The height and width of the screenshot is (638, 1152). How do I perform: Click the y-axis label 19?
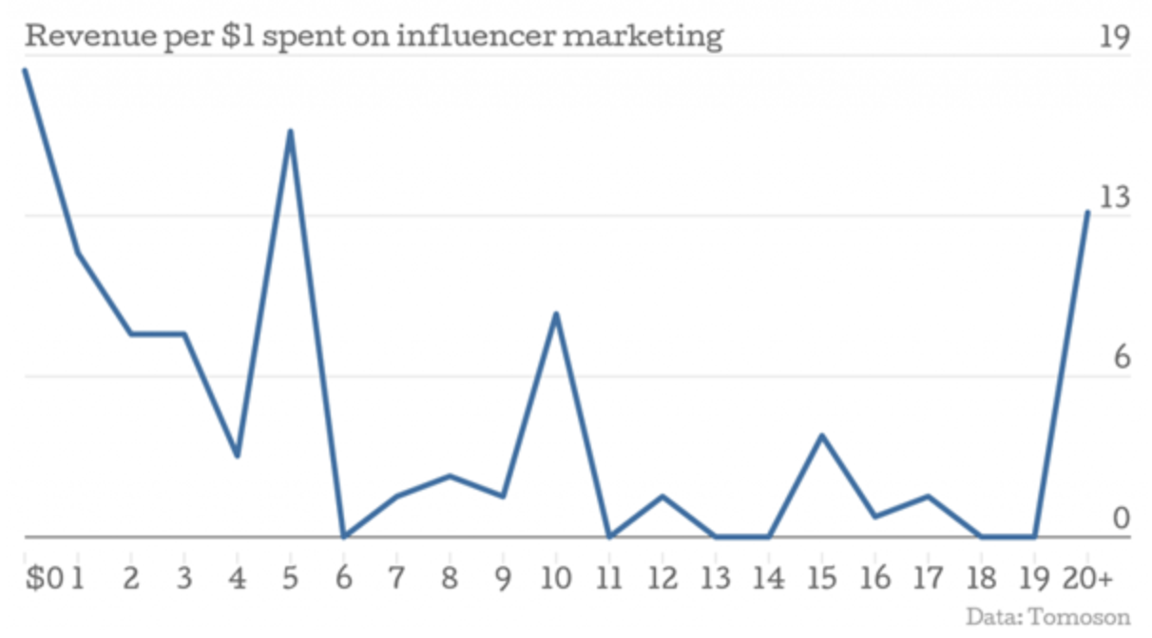tap(1114, 37)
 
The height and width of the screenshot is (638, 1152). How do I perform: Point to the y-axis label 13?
tap(1113, 198)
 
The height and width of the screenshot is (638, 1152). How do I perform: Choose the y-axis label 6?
tap(1121, 359)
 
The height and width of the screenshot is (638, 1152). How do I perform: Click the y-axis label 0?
tap(1121, 519)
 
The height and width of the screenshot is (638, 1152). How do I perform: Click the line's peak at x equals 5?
tap(291, 131)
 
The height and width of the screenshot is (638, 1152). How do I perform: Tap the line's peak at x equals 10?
tap(556, 313)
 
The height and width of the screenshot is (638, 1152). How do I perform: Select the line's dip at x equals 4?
tap(238, 456)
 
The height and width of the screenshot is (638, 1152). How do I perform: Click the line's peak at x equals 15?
tap(822, 435)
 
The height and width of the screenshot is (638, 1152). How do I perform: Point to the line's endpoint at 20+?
tap(1087, 212)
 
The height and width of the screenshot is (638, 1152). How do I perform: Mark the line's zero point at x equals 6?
tap(344, 536)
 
